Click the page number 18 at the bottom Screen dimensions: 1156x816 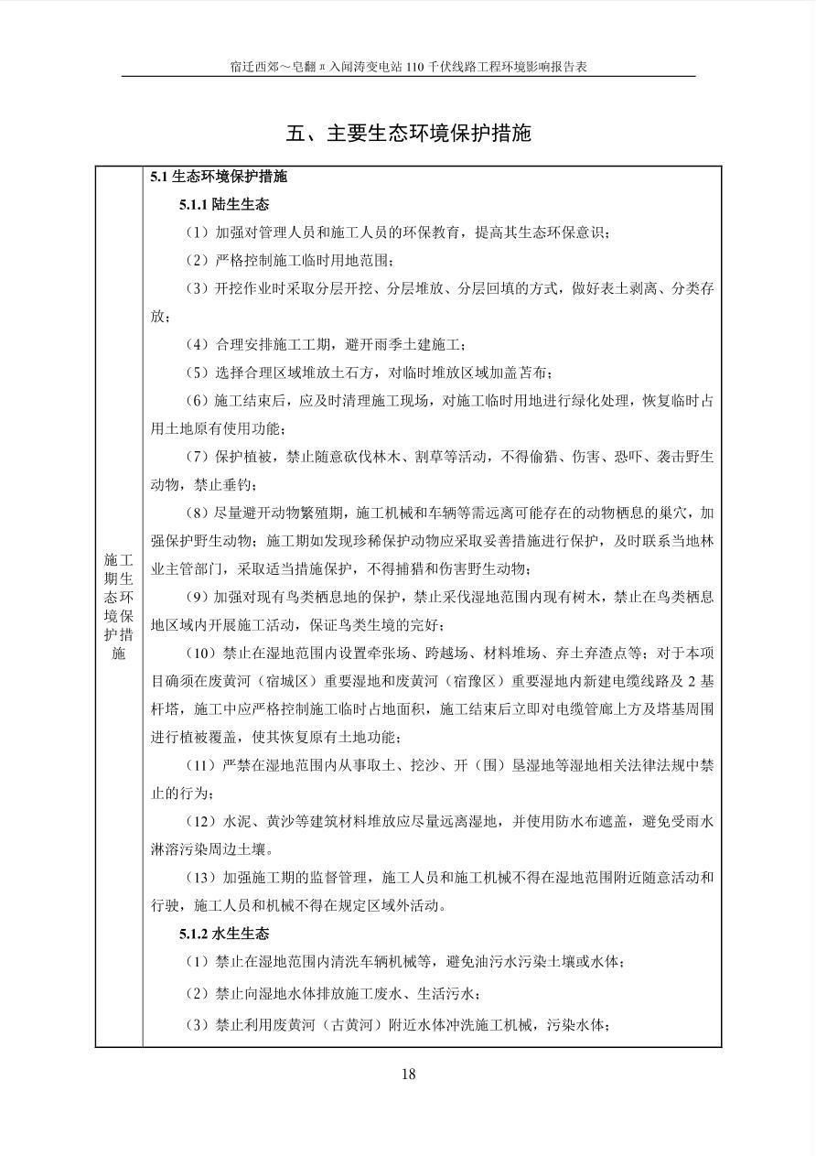[408, 1074]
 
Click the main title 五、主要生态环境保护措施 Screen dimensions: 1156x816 [408, 133]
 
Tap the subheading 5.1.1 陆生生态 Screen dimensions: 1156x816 [224, 204]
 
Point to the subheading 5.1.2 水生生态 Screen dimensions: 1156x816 [224, 935]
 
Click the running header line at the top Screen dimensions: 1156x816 [408, 67]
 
